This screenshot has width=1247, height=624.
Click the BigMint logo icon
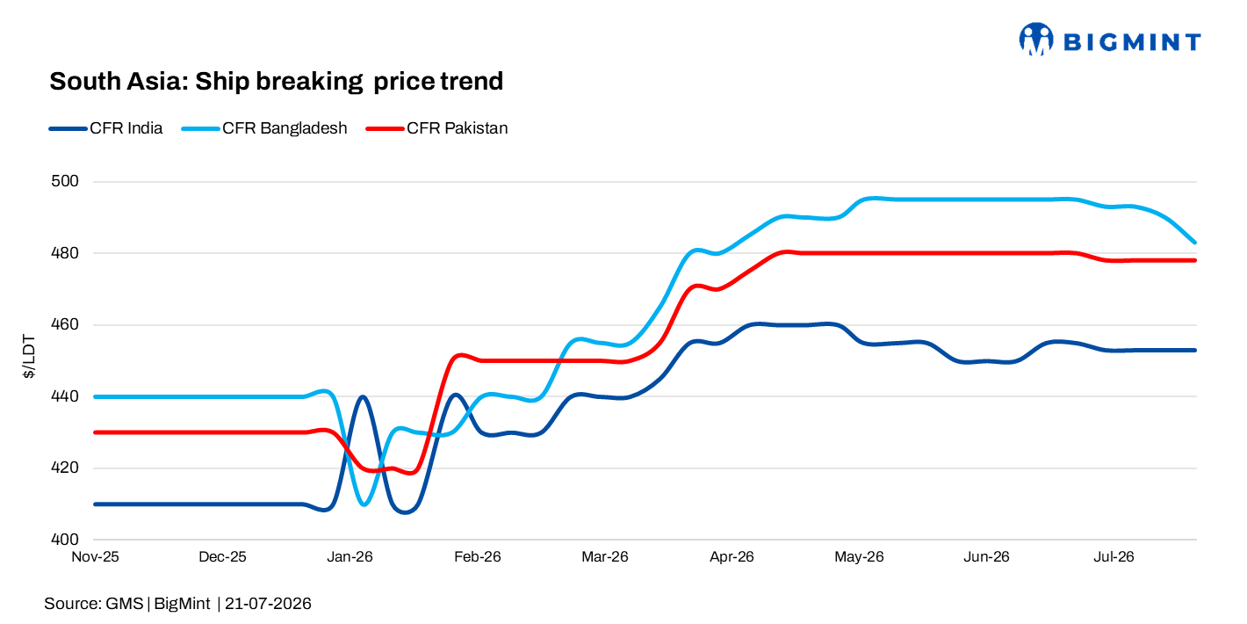[x=1036, y=40]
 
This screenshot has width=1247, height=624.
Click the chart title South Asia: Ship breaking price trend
[x=276, y=82]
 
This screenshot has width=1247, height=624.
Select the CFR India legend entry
[x=105, y=128]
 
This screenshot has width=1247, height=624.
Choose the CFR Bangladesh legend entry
[x=264, y=128]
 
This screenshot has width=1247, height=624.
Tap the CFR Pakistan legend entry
[x=437, y=128]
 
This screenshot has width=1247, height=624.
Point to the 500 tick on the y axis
[x=65, y=181]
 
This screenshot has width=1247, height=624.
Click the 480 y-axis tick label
[x=65, y=253]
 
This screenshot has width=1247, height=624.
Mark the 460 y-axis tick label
[x=65, y=324]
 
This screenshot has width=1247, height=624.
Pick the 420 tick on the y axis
[x=65, y=468]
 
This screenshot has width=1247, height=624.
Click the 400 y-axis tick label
[x=65, y=540]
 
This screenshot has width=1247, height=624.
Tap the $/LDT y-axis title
[x=29, y=357]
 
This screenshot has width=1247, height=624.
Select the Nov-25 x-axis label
[x=95, y=556]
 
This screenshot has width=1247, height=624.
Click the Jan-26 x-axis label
[x=350, y=556]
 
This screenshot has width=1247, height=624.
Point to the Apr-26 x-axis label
[x=732, y=556]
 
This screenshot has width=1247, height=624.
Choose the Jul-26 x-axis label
[x=1114, y=556]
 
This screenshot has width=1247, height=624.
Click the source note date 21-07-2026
[x=268, y=604]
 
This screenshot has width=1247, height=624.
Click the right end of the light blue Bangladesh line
[x=1194, y=243]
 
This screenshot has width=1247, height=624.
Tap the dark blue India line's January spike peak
[x=363, y=396]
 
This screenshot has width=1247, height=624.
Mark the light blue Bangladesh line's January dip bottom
[x=364, y=504]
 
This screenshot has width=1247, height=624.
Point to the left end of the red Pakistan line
[x=95, y=432]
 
